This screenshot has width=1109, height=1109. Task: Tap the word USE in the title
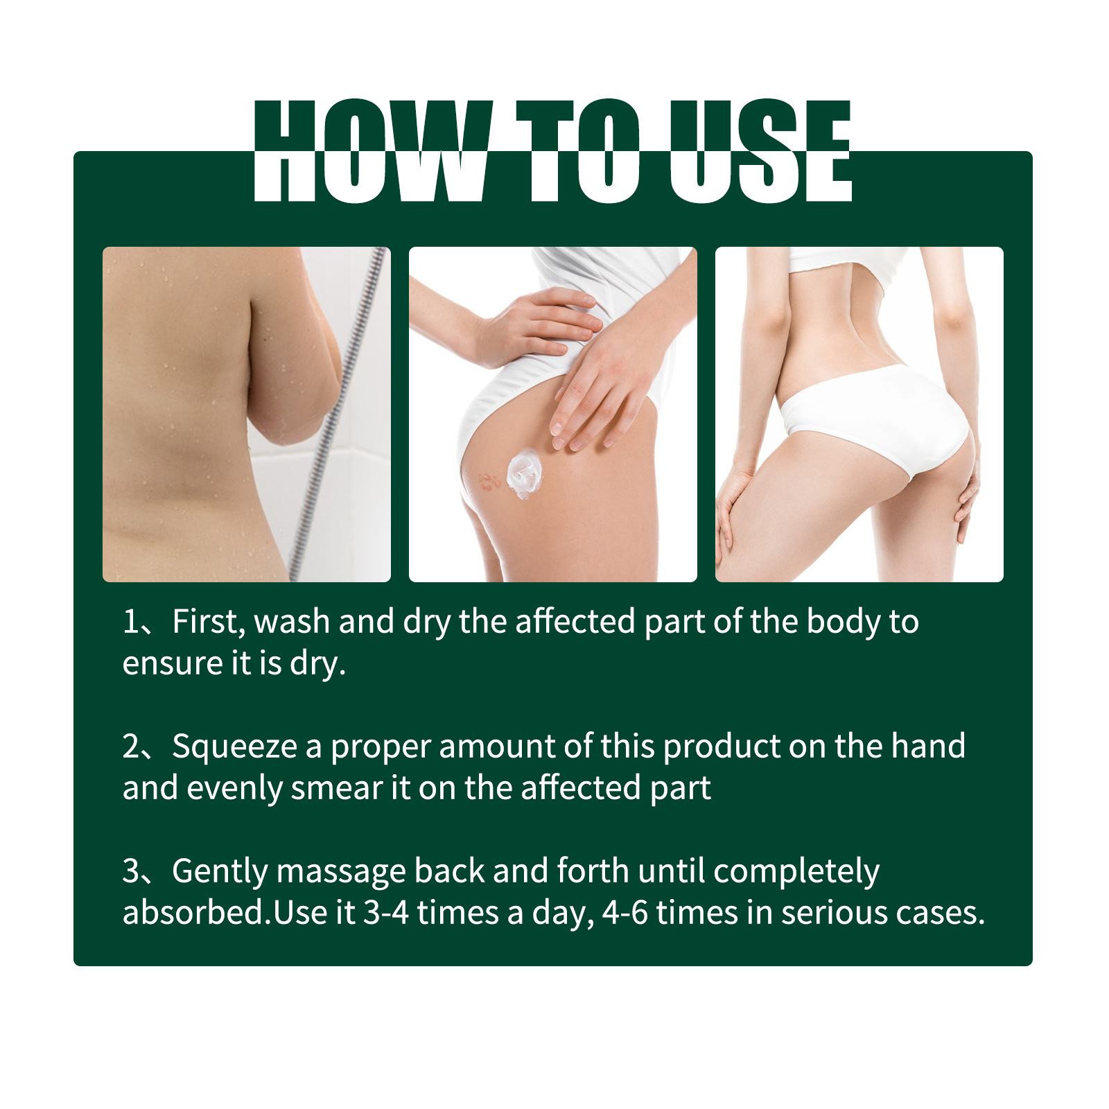[760, 151]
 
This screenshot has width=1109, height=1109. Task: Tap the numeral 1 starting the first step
[131, 622]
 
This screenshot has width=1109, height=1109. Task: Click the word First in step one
[207, 622]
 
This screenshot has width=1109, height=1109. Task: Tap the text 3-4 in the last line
[386, 913]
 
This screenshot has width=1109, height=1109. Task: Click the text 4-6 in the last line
[625, 913]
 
